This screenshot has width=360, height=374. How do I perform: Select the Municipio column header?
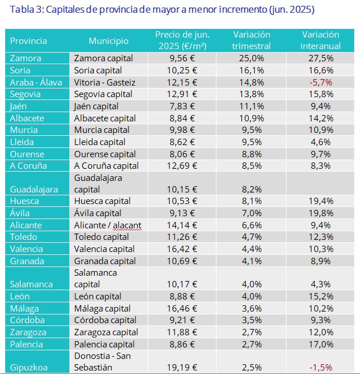108,41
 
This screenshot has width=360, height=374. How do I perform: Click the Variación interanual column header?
321,40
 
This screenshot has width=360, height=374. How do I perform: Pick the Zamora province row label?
25,58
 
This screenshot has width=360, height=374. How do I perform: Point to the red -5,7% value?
321,82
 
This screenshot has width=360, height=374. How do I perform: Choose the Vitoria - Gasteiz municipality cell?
105,82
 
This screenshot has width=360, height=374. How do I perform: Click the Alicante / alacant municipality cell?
108,225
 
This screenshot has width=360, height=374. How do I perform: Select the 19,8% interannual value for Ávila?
321,213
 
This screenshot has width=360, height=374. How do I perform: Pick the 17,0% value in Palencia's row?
321,344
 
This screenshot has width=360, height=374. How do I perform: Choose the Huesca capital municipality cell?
102,201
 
